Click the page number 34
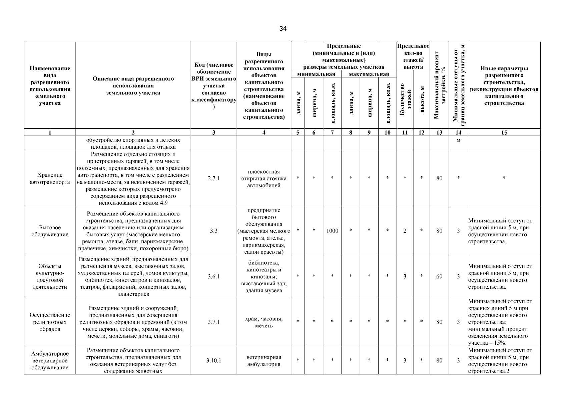pyautogui.click(x=283, y=29)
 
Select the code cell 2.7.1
pyautogui.click(x=213, y=178)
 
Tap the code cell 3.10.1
pyautogui.click(x=213, y=361)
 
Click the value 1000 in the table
pyautogui.click(x=332, y=231)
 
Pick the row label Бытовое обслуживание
pyautogui.click(x=50, y=231)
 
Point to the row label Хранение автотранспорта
pyautogui.click(x=50, y=178)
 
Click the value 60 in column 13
pyautogui.click(x=439, y=276)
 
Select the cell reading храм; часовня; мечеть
pyautogui.click(x=264, y=322)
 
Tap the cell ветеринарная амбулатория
pyautogui.click(x=264, y=361)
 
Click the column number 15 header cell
pyautogui.click(x=504, y=132)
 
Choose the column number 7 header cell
pyautogui.click(x=332, y=132)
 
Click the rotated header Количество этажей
pyautogui.click(x=405, y=100)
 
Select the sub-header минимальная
pyautogui.click(x=316, y=74)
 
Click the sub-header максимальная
pyautogui.click(x=369, y=74)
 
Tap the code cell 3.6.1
pyautogui.click(x=213, y=276)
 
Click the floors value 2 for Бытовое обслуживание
pyautogui.click(x=405, y=231)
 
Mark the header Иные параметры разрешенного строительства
pyautogui.click(x=504, y=86)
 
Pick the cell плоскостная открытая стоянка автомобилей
pyautogui.click(x=264, y=178)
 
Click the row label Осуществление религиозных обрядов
pyautogui.click(x=50, y=322)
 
